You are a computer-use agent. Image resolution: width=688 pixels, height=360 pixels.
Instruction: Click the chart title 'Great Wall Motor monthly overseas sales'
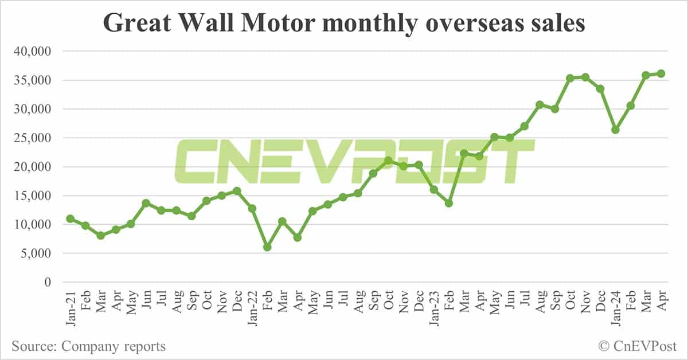[x=344, y=24]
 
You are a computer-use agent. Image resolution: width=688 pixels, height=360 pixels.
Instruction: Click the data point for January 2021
[x=70, y=218]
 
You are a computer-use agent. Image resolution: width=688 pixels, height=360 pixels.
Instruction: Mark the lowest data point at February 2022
[x=267, y=247]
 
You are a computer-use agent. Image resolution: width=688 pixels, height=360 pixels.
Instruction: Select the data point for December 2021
[x=237, y=191]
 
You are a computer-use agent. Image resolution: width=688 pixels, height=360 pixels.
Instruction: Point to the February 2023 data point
[x=449, y=203]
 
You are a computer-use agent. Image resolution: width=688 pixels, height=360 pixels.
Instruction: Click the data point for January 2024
[x=615, y=130]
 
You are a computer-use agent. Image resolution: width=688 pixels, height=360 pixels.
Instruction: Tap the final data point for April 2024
[x=660, y=73]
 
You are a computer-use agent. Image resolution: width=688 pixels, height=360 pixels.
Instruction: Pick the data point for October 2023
[x=570, y=78]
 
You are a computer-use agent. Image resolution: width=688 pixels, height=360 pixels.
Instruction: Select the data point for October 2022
[x=388, y=161]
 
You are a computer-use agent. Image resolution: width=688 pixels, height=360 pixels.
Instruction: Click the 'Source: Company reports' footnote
[x=89, y=346]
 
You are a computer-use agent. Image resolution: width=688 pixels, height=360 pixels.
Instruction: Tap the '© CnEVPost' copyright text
[x=638, y=346]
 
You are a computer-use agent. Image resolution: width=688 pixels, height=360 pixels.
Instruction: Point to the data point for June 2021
[x=146, y=203]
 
